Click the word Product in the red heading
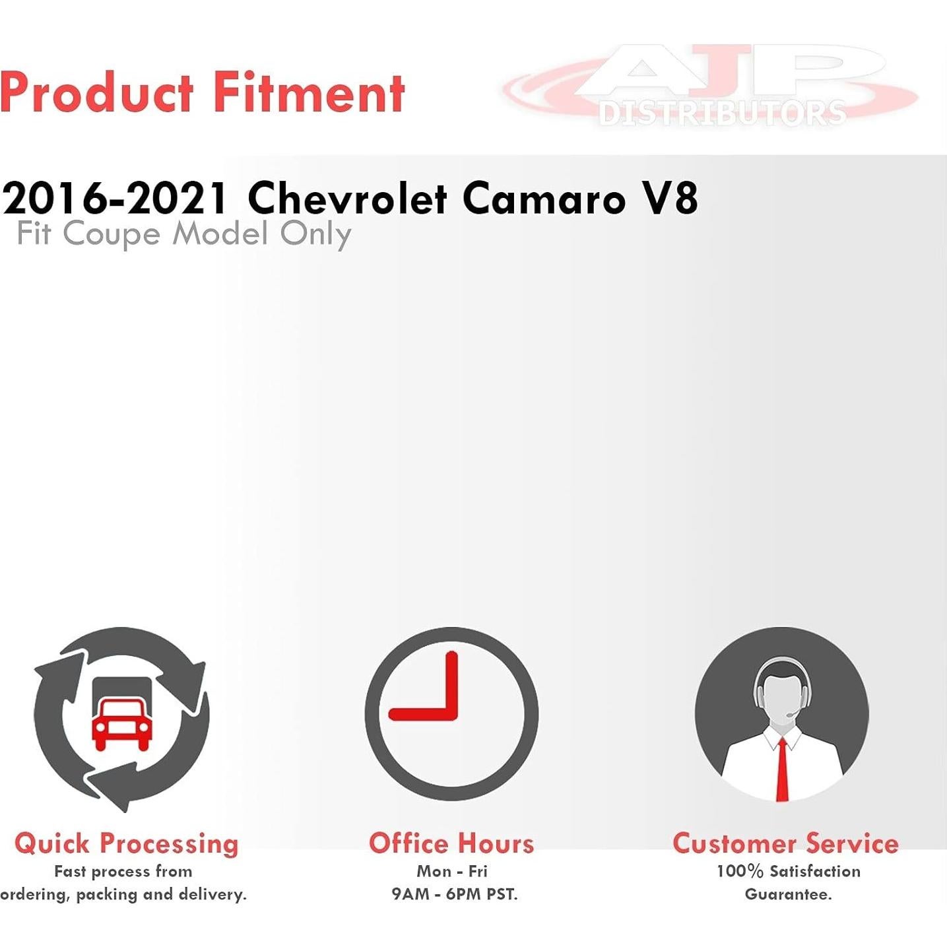click(x=97, y=92)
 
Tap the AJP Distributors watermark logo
click(x=710, y=86)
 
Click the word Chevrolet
click(x=348, y=199)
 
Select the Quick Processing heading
click(x=126, y=845)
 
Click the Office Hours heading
click(x=451, y=843)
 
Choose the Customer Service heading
click(x=785, y=843)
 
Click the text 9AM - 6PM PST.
click(x=455, y=894)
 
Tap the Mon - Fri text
click(x=451, y=871)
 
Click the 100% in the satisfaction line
click(x=740, y=871)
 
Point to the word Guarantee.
click(x=788, y=894)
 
